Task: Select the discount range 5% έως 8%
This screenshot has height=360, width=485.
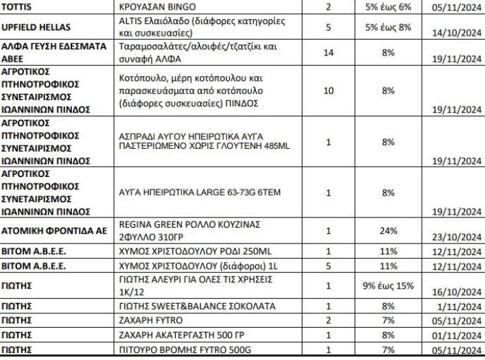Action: (388, 28)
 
